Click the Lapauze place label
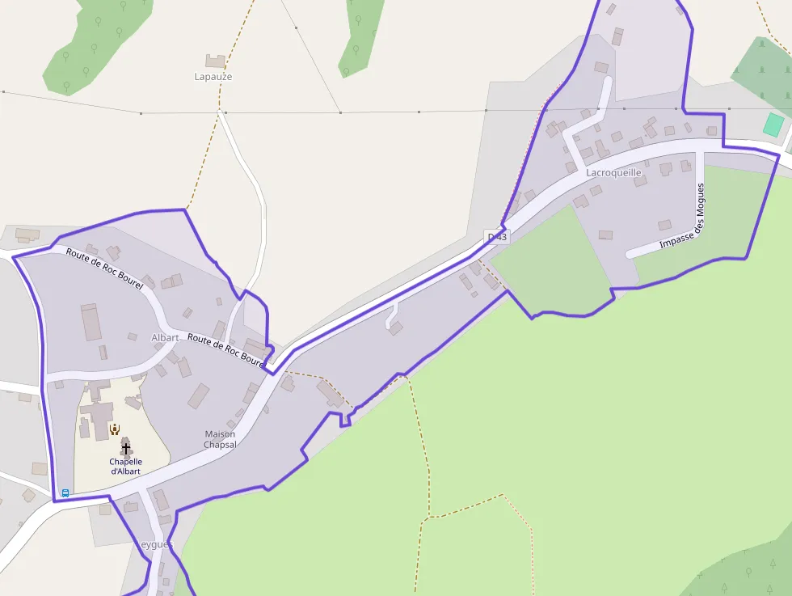click(213, 77)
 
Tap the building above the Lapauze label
click(215, 61)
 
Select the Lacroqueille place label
click(613, 172)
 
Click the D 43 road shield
click(497, 237)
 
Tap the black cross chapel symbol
click(125, 447)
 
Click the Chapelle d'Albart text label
click(125, 467)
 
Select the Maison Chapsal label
click(220, 439)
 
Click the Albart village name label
click(165, 337)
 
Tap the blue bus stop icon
click(65, 492)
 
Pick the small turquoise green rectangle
click(773, 125)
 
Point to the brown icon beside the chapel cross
click(115, 429)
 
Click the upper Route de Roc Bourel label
click(104, 268)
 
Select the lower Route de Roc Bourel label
click(225, 349)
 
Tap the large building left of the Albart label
click(91, 322)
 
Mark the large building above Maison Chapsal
click(198, 395)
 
